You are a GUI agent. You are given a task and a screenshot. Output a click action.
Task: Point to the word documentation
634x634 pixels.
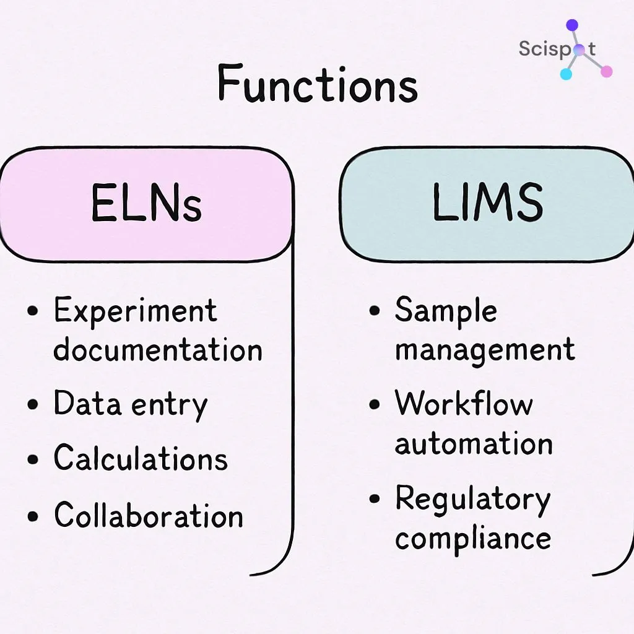pyautogui.click(x=158, y=350)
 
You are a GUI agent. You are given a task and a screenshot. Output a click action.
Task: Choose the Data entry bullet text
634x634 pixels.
pyautogui.click(x=131, y=404)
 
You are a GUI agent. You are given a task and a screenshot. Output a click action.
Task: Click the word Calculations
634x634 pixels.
pyautogui.click(x=141, y=459)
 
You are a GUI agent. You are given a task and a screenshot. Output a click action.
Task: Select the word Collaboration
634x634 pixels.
pyautogui.click(x=149, y=515)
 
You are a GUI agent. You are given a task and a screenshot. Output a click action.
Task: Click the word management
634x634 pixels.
pyautogui.click(x=485, y=350)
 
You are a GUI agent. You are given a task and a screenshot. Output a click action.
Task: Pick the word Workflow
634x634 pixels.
pyautogui.click(x=464, y=404)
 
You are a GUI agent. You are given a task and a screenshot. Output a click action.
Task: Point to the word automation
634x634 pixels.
pyautogui.click(x=474, y=443)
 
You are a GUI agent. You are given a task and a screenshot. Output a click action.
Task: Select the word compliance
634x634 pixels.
pyautogui.click(x=473, y=538)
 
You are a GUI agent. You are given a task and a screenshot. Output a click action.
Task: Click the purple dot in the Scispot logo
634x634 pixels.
pyautogui.click(x=572, y=25)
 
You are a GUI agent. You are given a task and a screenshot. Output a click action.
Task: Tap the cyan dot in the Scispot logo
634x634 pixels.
pyautogui.click(x=565, y=74)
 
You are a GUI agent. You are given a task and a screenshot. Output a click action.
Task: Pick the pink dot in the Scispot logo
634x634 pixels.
pyautogui.click(x=606, y=71)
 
